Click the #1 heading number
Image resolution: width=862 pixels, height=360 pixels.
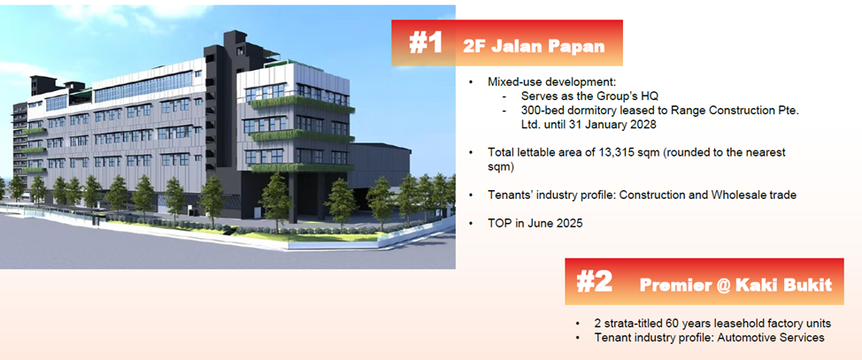coord(426,42)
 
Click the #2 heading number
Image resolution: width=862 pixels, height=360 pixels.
coord(594,281)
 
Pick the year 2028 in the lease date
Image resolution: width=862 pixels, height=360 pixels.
coord(643,125)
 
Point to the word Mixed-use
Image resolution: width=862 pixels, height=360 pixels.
coord(513,82)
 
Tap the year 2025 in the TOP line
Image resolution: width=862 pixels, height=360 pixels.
coord(570,224)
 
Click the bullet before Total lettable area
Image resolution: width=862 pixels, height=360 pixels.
coord(471,152)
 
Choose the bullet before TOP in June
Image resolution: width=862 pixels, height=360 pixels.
coord(471,224)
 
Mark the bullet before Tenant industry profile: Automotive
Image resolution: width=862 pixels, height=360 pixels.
coord(577,338)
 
